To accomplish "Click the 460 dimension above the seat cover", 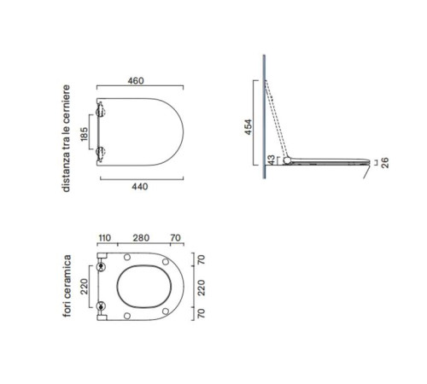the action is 136,81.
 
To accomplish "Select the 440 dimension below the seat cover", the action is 140,187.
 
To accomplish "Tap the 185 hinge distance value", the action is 85,134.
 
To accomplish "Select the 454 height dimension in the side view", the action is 249,127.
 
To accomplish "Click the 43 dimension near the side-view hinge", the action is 272,160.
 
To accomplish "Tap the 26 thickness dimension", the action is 385,163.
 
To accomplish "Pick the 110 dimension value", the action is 104,238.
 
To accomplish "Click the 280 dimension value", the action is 141,238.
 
